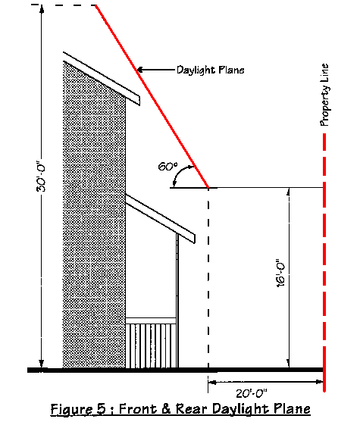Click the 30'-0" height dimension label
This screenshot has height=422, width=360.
click(41, 177)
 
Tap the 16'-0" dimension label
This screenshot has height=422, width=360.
click(280, 273)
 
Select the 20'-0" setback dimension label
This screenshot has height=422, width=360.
click(252, 394)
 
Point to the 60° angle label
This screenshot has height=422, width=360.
click(167, 167)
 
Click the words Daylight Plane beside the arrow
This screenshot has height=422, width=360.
click(210, 70)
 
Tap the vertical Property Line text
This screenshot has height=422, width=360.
click(324, 95)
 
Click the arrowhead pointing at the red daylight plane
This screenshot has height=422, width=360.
click(140, 70)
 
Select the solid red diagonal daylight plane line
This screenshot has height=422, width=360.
click(152, 96)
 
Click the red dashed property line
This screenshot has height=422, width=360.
click(324, 262)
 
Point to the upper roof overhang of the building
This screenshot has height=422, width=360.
click(102, 79)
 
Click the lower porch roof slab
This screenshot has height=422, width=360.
click(161, 218)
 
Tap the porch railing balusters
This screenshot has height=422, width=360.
click(151, 345)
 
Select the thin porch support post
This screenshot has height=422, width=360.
click(177, 300)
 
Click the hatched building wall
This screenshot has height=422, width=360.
click(94, 214)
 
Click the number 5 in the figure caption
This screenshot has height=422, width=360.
click(100, 409)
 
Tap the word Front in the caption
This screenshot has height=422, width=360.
click(138, 409)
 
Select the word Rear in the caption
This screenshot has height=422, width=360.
click(192, 409)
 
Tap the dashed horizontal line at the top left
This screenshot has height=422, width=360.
click(64, 5)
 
